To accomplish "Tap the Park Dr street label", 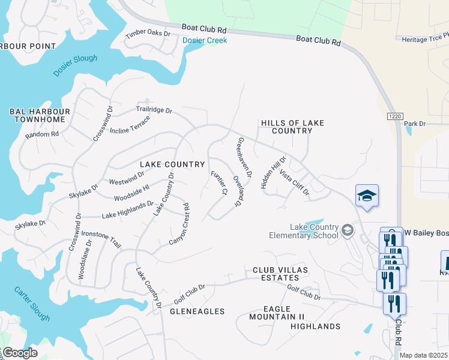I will point(414,124).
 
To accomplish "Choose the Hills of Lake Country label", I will point(292,127).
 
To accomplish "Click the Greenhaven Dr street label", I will point(244,157).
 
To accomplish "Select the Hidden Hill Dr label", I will point(274,173).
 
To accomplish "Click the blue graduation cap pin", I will point(367,196).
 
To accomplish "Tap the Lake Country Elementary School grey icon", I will point(347,230).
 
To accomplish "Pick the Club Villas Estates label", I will point(280,274).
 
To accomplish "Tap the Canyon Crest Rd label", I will point(179,223).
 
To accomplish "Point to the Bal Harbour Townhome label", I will point(40,115).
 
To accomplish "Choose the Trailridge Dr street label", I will point(154,110).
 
